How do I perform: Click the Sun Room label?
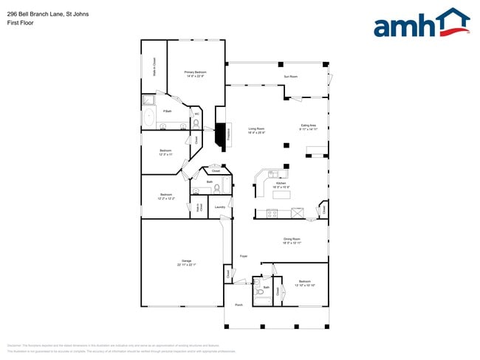(x=291, y=77)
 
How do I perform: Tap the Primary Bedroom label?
(x=194, y=74)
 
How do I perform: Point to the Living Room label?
(x=256, y=131)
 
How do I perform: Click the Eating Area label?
(x=308, y=127)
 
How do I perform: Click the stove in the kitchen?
(x=272, y=214)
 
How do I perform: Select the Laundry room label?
(x=219, y=207)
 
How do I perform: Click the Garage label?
(x=186, y=263)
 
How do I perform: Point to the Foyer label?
(x=243, y=256)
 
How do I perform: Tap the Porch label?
(x=239, y=305)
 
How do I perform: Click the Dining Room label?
(x=292, y=240)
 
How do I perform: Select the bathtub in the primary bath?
(x=148, y=116)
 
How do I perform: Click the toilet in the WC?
(x=196, y=122)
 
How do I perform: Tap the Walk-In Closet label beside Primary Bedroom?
(x=154, y=67)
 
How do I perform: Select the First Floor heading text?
(x=20, y=23)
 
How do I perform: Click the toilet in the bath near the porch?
(x=259, y=292)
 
